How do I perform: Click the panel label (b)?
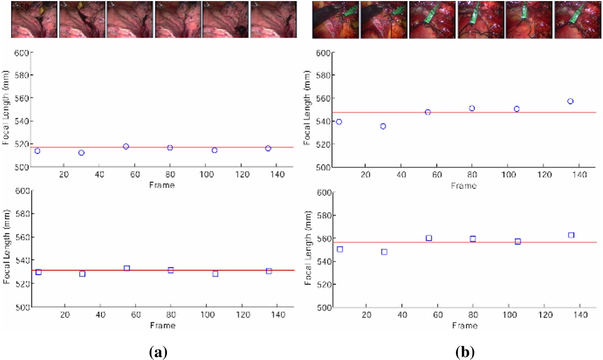[x=465, y=353]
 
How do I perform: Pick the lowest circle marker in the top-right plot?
[x=383, y=126]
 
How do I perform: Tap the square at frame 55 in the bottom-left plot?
[x=127, y=268]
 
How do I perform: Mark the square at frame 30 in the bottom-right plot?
[x=384, y=252]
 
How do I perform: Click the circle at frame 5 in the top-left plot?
[x=37, y=151]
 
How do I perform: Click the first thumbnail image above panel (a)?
[x=34, y=19]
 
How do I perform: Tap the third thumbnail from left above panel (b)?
[x=432, y=19]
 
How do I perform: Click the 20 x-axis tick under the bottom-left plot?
[x=64, y=317]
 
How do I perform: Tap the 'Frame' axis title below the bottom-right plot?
[x=465, y=325]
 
